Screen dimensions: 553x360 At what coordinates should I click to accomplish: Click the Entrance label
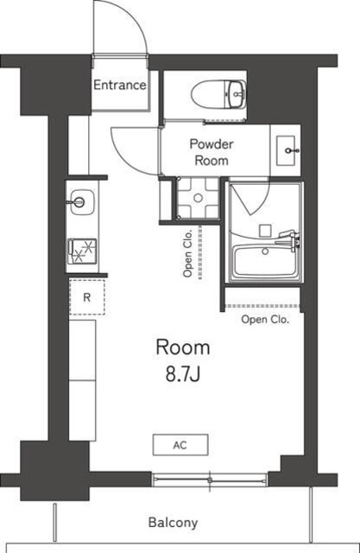click(119, 85)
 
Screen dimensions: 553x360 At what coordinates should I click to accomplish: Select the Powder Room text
click(212, 153)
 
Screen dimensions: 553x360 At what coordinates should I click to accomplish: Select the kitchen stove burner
click(82, 251)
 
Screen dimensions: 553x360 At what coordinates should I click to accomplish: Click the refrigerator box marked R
click(86, 296)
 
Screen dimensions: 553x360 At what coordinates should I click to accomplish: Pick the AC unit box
click(180, 445)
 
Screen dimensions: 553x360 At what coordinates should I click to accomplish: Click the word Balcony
click(173, 523)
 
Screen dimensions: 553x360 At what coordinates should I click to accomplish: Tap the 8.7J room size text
click(182, 376)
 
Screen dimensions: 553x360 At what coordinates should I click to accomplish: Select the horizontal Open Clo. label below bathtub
click(264, 320)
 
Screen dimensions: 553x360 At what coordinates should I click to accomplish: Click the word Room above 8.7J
click(182, 347)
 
